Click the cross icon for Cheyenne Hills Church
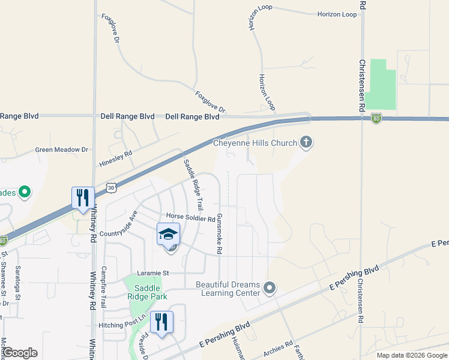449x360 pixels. [x=306, y=142]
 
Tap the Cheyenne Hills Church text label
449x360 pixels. [x=255, y=143]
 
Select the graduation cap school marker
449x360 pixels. [x=169, y=235]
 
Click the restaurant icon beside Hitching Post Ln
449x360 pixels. [x=161, y=322]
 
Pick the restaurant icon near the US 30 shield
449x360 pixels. [x=83, y=198]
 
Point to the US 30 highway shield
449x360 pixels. [x=110, y=188]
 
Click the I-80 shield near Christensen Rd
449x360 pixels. [x=376, y=118]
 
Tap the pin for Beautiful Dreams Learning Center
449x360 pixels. [x=270, y=289]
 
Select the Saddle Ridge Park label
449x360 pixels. [x=147, y=291]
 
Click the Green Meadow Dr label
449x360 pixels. [x=61, y=150]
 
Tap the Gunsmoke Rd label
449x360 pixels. [x=220, y=233]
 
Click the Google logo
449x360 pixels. [x=20, y=353]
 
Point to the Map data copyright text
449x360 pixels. [x=412, y=355]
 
